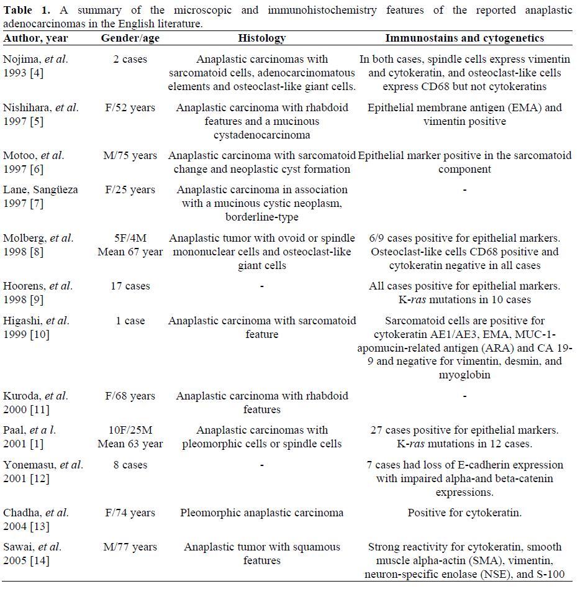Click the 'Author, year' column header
coord(36,39)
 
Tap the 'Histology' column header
coord(261,39)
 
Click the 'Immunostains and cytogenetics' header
coord(464,39)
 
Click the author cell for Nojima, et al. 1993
coord(35,66)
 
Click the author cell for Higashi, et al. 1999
coord(36,327)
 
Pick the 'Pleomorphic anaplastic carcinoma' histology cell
coord(261,513)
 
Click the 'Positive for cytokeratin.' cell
coord(464,513)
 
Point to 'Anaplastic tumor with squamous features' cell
coord(261,554)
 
